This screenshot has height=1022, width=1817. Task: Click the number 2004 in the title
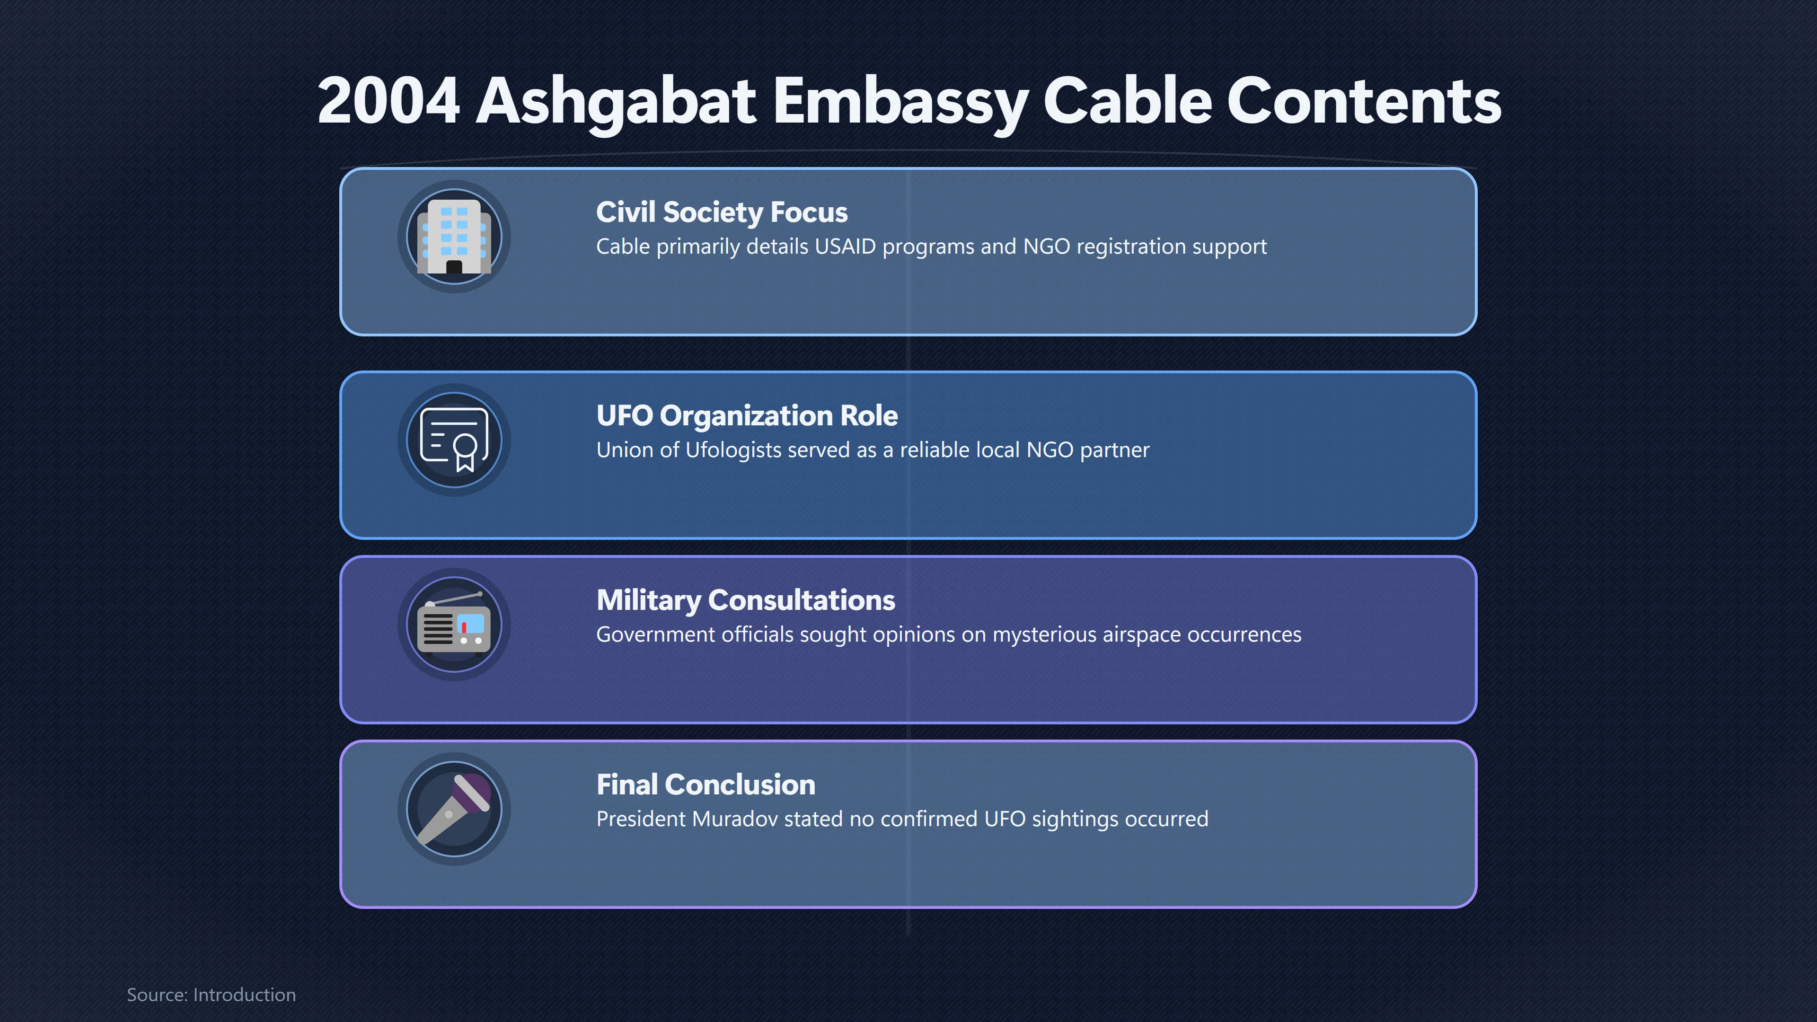tap(388, 101)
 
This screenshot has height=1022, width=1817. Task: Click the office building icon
tap(454, 236)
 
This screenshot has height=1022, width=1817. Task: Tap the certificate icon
tap(454, 440)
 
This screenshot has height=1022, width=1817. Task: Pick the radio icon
tap(454, 624)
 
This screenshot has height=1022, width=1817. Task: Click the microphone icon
tap(454, 809)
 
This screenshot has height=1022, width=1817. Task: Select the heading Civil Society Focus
tap(722, 212)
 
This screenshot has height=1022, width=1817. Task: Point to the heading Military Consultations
tap(746, 600)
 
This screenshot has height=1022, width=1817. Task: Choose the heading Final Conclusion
tap(706, 784)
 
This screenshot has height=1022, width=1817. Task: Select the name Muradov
tap(735, 819)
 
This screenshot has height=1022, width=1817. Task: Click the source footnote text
tap(211, 995)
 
